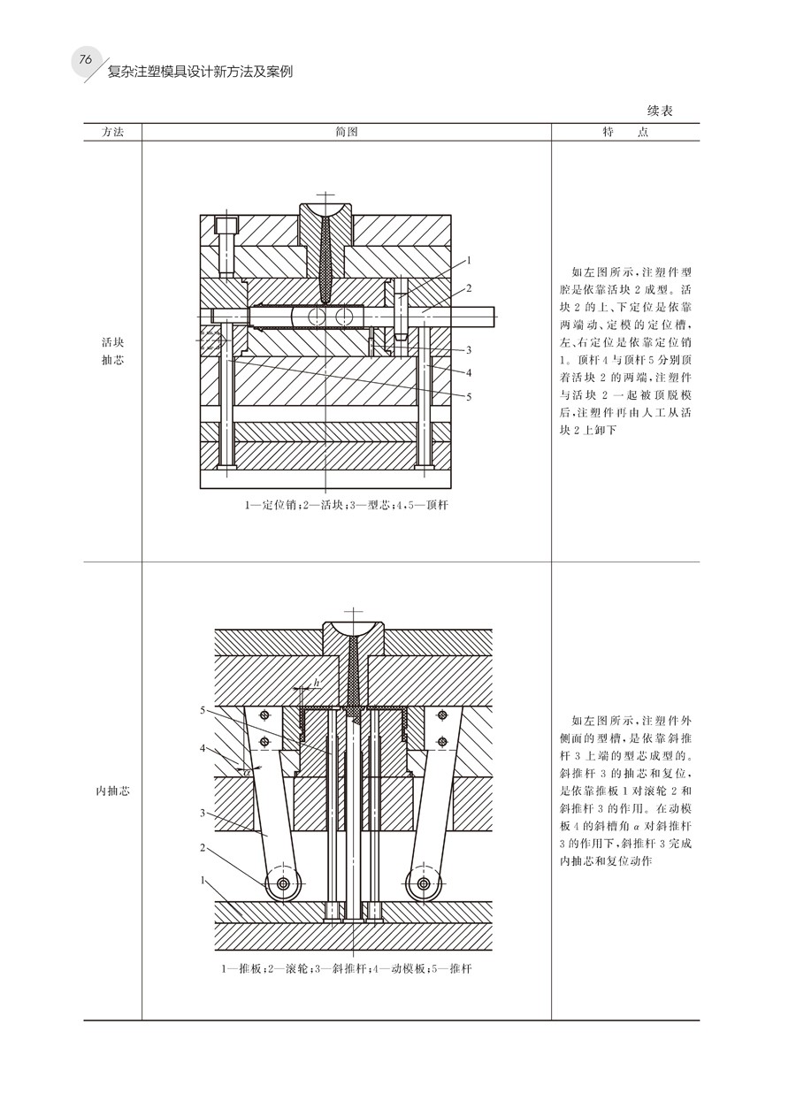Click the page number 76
click(86, 59)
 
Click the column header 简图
click(347, 132)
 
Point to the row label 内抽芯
click(112, 791)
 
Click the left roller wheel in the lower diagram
click(282, 883)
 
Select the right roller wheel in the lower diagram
click(424, 883)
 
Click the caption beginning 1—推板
click(347, 968)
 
